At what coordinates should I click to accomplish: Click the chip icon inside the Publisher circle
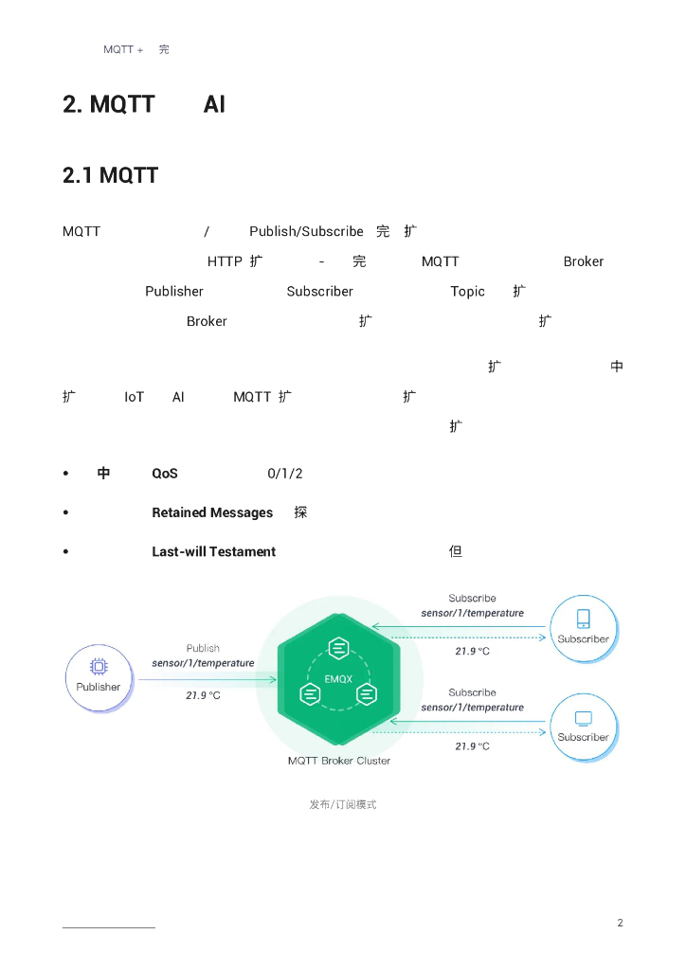(98, 666)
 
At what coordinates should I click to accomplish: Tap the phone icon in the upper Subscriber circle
(583, 619)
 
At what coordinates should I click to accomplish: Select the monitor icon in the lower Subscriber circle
(583, 718)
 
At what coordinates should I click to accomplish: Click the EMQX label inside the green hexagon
(338, 678)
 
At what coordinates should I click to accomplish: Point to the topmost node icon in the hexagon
(338, 649)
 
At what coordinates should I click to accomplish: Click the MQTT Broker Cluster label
(338, 761)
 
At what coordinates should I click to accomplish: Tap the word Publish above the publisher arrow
(203, 649)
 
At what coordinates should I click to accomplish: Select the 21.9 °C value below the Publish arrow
(203, 695)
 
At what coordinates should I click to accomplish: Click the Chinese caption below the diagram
(342, 804)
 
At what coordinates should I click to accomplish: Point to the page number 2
(620, 923)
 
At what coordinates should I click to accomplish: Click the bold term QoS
(165, 474)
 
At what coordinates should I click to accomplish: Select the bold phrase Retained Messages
(212, 512)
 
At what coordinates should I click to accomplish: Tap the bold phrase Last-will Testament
(213, 551)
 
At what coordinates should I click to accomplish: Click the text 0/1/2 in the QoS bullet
(284, 474)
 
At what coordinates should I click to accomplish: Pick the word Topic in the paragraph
(467, 292)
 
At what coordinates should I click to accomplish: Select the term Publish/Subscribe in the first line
(306, 231)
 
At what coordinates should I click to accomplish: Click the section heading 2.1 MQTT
(110, 175)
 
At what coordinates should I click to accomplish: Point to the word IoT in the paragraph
(134, 397)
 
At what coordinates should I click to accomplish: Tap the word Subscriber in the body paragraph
(319, 292)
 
